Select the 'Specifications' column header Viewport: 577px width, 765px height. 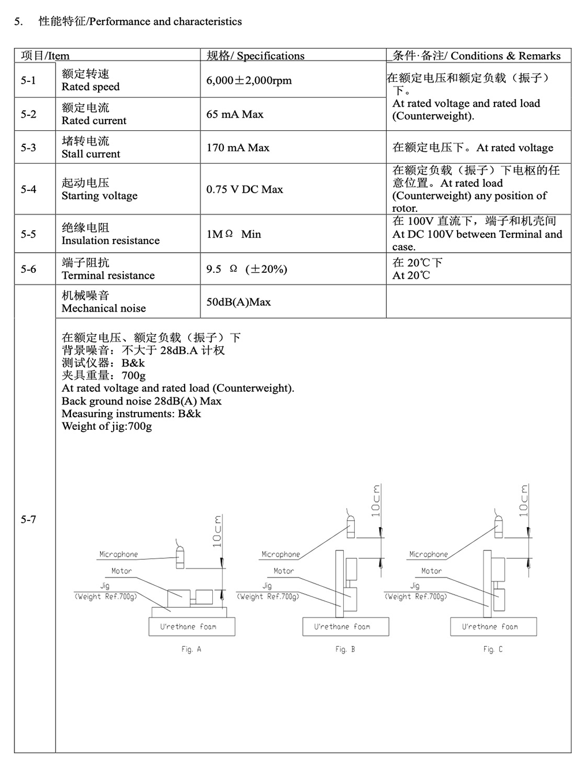[256, 56]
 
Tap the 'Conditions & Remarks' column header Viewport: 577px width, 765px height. [477, 56]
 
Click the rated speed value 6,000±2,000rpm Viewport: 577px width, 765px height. [249, 81]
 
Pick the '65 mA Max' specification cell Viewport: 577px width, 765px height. [235, 114]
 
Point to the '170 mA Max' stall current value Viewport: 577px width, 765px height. [238, 148]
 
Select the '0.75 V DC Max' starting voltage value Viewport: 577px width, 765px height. [245, 189]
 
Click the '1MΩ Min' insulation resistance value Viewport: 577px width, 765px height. [234, 234]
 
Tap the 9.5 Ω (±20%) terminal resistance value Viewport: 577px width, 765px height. [246, 269]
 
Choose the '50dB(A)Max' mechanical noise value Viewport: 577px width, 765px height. [238, 302]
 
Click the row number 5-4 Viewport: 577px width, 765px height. [28, 189]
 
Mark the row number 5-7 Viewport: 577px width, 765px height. [28, 519]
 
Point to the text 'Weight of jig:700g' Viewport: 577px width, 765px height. [107, 426]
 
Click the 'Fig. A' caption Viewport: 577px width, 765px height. [191, 649]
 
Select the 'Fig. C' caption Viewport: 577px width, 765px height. [493, 649]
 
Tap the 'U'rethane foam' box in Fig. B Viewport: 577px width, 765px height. [345, 627]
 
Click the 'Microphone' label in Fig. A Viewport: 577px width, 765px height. [119, 554]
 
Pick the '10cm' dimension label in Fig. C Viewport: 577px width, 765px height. [524, 500]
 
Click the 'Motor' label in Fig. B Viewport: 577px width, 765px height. [283, 571]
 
